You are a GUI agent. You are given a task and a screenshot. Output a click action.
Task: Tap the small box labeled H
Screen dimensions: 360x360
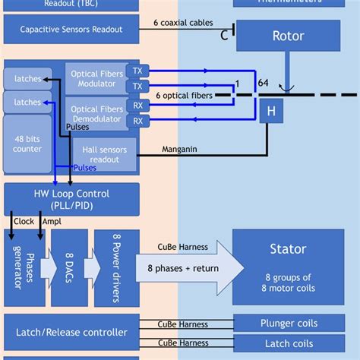(270, 112)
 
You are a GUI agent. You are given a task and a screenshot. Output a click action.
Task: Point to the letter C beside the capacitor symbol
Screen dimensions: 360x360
(224, 35)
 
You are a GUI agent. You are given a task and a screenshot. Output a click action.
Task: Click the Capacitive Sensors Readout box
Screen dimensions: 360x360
(71, 30)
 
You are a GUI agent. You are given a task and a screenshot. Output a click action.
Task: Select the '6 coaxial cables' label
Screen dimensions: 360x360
(183, 24)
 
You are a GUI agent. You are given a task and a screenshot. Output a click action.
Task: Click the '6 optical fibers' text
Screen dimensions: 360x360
(184, 96)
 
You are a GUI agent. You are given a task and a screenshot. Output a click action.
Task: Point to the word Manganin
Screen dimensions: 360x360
(179, 149)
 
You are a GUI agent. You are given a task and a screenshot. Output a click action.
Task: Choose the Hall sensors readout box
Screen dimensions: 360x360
(104, 154)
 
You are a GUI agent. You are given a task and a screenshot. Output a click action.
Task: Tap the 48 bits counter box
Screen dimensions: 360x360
(27, 145)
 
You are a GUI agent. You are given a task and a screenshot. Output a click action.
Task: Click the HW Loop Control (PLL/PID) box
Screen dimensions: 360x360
(71, 198)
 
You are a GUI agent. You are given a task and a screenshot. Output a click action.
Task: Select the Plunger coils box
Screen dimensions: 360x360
(289, 324)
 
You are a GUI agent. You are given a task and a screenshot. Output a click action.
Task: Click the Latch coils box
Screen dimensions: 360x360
(289, 344)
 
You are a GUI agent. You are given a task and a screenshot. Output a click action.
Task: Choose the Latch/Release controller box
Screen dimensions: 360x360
(71, 333)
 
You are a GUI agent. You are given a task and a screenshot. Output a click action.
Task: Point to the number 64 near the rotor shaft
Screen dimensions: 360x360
(263, 83)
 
